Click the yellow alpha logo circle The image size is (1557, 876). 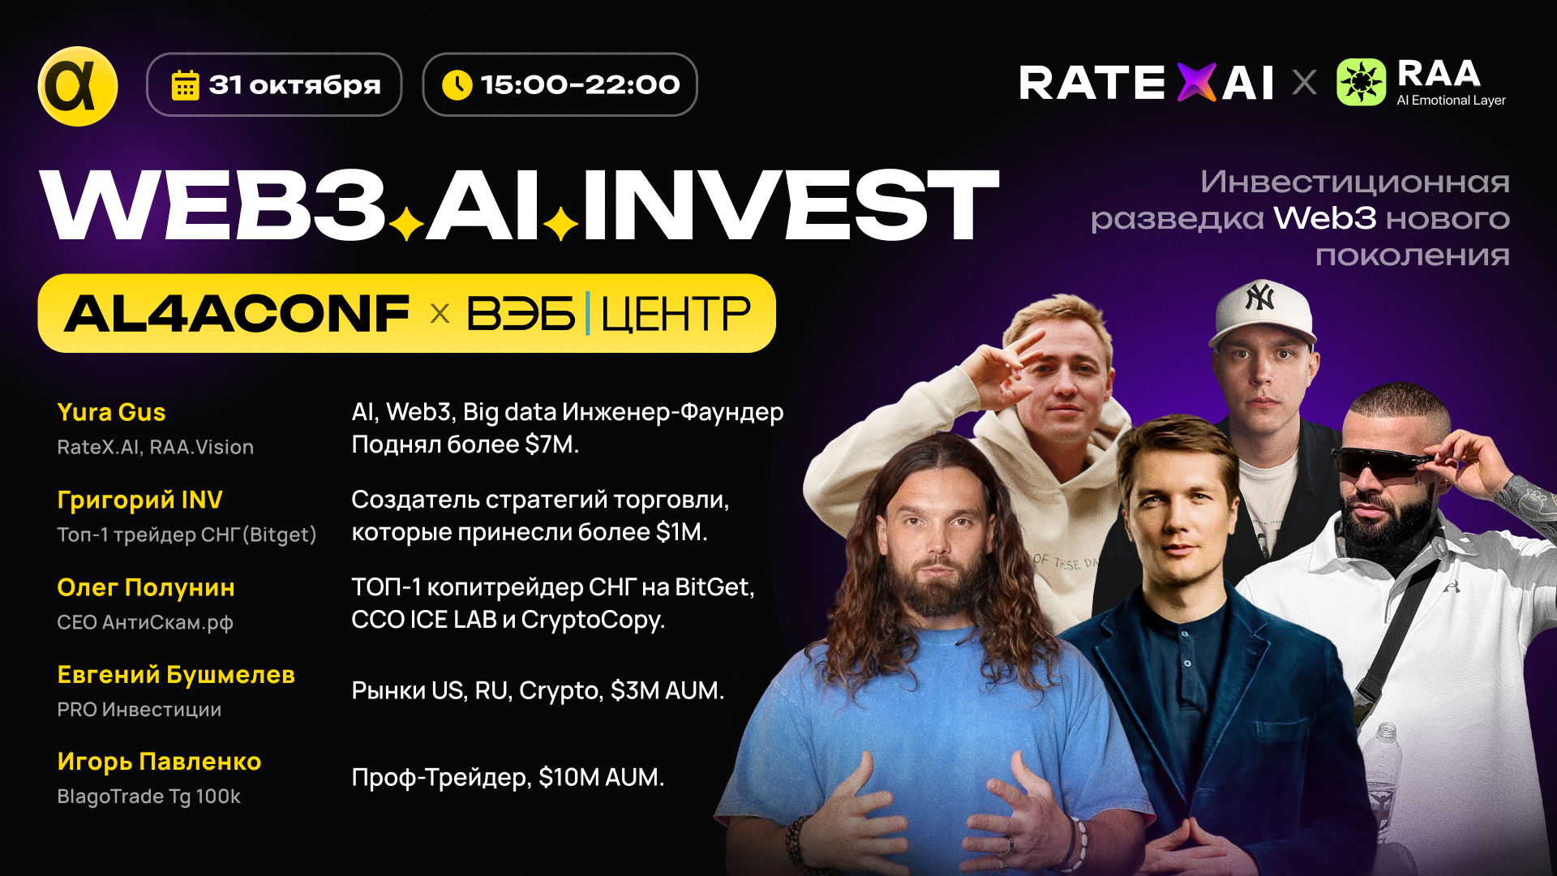point(78,86)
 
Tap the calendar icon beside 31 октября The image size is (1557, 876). point(185,85)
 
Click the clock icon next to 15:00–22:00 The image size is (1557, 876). point(457,84)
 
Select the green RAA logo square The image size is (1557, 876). point(1361,82)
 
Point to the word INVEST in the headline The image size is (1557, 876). point(790,207)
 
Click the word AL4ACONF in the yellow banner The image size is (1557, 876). point(237,314)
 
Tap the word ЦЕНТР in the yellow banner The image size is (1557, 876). point(676,315)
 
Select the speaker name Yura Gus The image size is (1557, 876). point(111,412)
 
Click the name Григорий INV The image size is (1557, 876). point(139,500)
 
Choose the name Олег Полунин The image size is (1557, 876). point(146,587)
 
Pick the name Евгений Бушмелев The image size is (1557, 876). point(176,675)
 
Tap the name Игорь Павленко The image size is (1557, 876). point(159,762)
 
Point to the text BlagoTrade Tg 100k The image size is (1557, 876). point(148,797)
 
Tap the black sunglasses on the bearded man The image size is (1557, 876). point(1379,463)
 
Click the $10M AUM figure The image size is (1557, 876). point(600,777)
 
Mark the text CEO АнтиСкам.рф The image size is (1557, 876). point(145,622)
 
